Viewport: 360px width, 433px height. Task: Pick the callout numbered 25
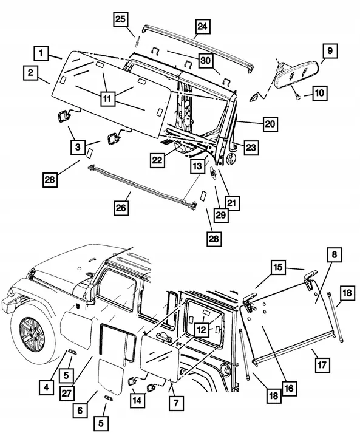pyautogui.click(x=121, y=20)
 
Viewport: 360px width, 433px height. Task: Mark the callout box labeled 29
pyautogui.click(x=220, y=216)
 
